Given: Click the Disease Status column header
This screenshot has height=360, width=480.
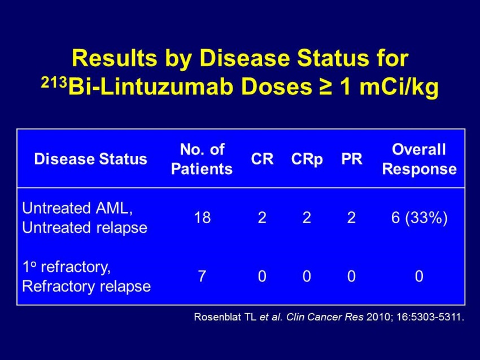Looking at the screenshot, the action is pyautogui.click(x=90, y=159).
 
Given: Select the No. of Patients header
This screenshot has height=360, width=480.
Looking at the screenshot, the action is pyautogui.click(x=202, y=159).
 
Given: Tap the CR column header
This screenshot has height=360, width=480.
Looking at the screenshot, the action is pyautogui.click(x=262, y=159).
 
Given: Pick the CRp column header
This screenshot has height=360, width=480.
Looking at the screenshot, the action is pyautogui.click(x=307, y=159).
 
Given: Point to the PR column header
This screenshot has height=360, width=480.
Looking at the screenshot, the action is pyautogui.click(x=352, y=159).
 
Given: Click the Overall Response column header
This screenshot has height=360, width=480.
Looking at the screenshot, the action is pyautogui.click(x=420, y=159).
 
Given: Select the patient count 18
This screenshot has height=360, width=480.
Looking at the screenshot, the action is pyautogui.click(x=202, y=218).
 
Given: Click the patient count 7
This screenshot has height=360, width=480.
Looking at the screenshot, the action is pyautogui.click(x=202, y=276).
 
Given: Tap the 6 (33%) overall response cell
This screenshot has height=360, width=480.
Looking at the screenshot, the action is pyautogui.click(x=420, y=218).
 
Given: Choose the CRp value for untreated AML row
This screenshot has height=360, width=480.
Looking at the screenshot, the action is pyautogui.click(x=307, y=218).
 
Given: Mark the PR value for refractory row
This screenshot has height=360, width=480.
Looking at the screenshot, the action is pyautogui.click(x=351, y=276).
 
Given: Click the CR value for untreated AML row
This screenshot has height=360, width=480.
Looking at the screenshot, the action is pyautogui.click(x=262, y=218).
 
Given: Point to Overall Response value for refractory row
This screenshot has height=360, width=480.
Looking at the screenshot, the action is pyautogui.click(x=419, y=276).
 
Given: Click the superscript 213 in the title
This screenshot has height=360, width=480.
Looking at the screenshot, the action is pyautogui.click(x=54, y=82).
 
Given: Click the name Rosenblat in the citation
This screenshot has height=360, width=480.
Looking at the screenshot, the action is pyautogui.click(x=217, y=316).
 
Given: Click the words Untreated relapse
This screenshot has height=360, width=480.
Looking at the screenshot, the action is pyautogui.click(x=85, y=228).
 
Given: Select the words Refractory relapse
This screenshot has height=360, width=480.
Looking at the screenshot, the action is pyautogui.click(x=86, y=287).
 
